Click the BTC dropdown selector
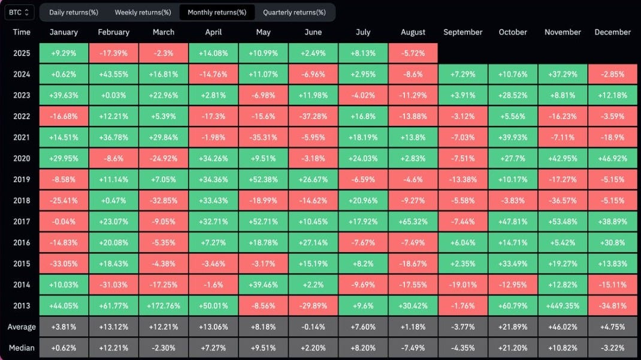(20, 12)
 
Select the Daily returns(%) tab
(74, 12)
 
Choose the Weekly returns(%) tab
(143, 12)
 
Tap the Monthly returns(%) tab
(217, 12)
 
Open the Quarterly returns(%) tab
(294, 12)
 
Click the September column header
(462, 32)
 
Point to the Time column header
(22, 32)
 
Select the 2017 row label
(22, 222)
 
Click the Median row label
(22, 348)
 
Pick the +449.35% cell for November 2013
(563, 305)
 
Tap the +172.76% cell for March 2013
(164, 305)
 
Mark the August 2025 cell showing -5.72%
(413, 53)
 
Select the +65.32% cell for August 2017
(413, 222)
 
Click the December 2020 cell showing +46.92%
(613, 159)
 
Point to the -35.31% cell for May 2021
(263, 138)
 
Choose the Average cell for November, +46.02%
(563, 327)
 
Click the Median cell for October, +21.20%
(513, 348)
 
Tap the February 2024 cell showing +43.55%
(113, 74)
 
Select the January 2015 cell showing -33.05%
(64, 264)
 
